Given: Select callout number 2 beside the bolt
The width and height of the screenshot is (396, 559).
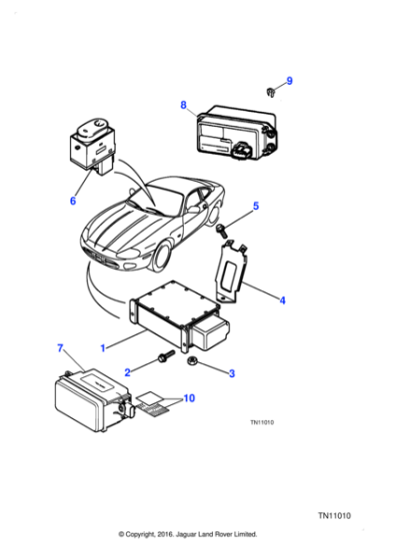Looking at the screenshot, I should [127, 371].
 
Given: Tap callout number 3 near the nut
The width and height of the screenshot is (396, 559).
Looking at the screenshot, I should [232, 373].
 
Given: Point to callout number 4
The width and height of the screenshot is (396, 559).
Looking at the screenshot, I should [282, 298].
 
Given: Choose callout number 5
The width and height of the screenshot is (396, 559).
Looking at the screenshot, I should [255, 207].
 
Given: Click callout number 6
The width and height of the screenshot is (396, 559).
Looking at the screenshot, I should [72, 201].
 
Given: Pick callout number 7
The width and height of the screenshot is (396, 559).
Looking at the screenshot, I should [60, 348].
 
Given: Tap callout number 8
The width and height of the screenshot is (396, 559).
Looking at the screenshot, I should [183, 104].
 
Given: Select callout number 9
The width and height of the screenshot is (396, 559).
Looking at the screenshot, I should [290, 80].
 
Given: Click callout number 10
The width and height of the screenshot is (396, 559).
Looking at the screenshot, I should [191, 398].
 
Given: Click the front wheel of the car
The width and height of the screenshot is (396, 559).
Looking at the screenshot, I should [163, 260].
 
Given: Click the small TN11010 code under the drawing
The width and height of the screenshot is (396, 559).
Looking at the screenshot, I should [262, 421].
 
